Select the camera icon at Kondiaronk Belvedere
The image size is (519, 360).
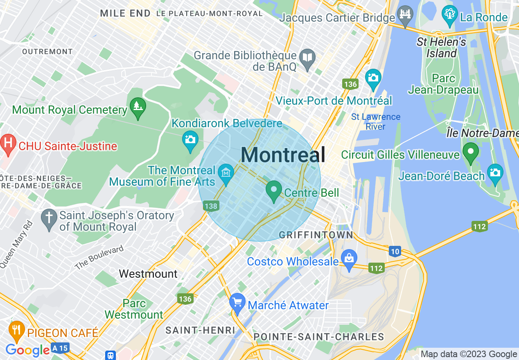point(190,139)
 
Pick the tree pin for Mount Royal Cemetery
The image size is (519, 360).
point(138,106)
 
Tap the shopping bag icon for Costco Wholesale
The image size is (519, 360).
point(349,259)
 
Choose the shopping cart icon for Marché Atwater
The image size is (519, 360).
point(237,302)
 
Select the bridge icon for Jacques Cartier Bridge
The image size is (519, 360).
point(405,14)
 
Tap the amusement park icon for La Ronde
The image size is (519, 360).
point(449,14)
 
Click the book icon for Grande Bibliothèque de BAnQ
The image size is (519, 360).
point(307,58)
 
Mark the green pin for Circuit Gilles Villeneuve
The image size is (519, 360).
point(471,151)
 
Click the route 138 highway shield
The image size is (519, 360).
point(211,206)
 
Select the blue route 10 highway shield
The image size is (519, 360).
point(395,252)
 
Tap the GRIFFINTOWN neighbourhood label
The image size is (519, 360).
point(316,235)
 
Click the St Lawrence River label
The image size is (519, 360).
point(375,122)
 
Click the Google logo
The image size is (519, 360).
point(28,350)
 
